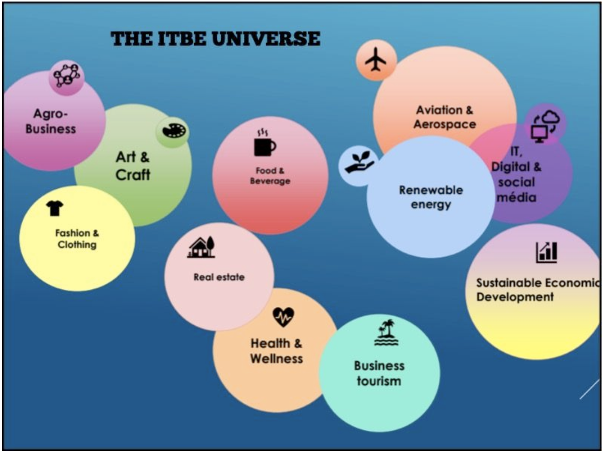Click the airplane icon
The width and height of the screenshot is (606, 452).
[376, 59]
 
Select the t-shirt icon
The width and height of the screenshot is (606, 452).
[54, 208]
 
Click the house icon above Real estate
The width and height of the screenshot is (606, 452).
[201, 247]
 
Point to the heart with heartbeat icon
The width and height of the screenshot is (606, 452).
[283, 317]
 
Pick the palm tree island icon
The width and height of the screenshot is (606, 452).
[386, 332]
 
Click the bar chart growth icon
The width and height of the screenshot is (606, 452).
[546, 252]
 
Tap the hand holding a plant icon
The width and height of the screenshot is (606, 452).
[359, 162]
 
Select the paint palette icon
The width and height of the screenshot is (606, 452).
[174, 130]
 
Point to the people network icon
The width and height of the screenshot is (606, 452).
[67, 75]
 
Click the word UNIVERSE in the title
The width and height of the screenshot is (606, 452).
[266, 39]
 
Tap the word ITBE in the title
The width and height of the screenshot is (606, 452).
[182, 39]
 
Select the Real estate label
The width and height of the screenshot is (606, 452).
[219, 277]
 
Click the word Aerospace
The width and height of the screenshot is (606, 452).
[445, 124]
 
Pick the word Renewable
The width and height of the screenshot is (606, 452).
[431, 190]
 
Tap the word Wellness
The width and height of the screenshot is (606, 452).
[276, 358]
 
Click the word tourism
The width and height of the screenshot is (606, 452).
[379, 381]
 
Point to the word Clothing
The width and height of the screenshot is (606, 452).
[77, 245]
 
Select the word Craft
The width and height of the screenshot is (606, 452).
[133, 175]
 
